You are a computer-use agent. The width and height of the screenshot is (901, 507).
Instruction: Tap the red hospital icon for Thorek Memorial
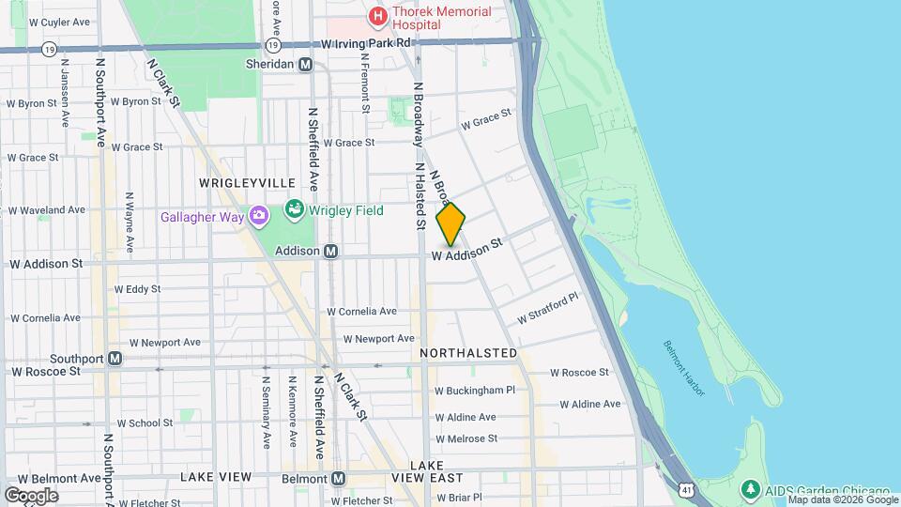[377, 16]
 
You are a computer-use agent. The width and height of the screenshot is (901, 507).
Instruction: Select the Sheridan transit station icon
[305, 65]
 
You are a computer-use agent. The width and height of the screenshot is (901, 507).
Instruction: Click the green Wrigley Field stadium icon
[294, 208]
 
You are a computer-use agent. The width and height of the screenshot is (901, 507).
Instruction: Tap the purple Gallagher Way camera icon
[258, 217]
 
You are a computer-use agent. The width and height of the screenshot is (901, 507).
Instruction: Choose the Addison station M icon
[330, 252]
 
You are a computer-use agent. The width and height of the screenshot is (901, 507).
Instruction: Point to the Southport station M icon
[115, 359]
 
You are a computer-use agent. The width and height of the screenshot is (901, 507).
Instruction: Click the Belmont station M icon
[338, 478]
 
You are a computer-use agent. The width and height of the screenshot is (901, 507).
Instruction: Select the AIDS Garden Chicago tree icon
[749, 490]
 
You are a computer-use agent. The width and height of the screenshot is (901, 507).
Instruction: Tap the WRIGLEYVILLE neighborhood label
[247, 182]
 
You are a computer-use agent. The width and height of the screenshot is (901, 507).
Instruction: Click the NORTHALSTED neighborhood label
[468, 353]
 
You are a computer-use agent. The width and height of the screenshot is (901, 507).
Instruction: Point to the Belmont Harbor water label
[681, 366]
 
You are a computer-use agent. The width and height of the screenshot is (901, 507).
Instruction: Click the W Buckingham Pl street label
[475, 391]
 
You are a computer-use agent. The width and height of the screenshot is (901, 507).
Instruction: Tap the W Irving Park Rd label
[366, 43]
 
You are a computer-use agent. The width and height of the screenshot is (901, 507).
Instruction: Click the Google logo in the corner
[31, 495]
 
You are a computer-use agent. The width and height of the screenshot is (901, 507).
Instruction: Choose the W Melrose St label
[466, 438]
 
